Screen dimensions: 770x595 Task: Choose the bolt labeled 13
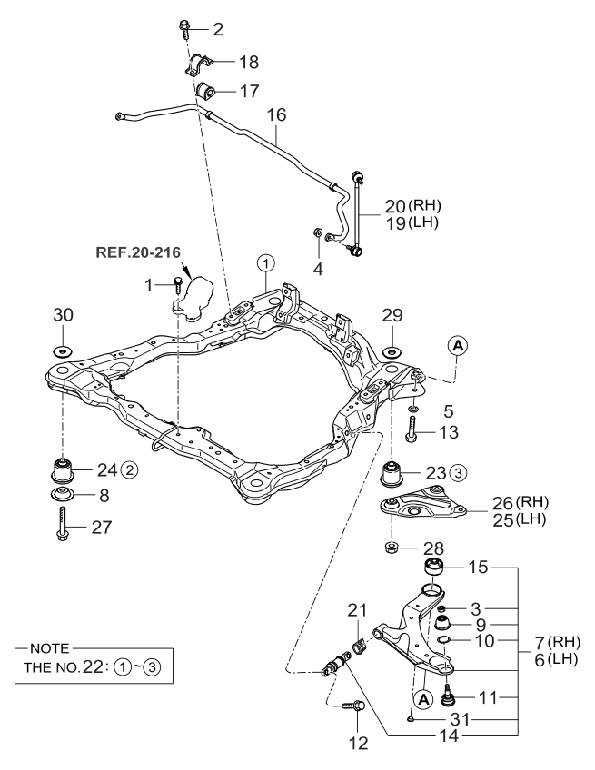point(412,435)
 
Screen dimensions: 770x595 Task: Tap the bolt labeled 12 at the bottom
point(350,705)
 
